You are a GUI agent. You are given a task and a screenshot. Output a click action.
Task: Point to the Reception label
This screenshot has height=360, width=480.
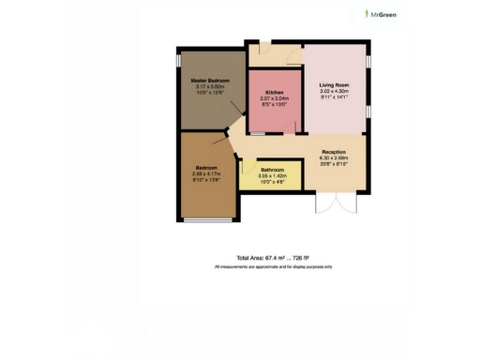pyautogui.click(x=334, y=152)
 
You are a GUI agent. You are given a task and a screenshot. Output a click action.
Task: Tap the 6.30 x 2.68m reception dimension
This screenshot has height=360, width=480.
pyautogui.click(x=334, y=157)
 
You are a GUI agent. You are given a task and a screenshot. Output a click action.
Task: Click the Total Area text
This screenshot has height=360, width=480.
pyautogui.click(x=273, y=256)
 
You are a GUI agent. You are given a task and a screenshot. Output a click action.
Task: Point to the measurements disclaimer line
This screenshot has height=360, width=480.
pyautogui.click(x=273, y=267)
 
